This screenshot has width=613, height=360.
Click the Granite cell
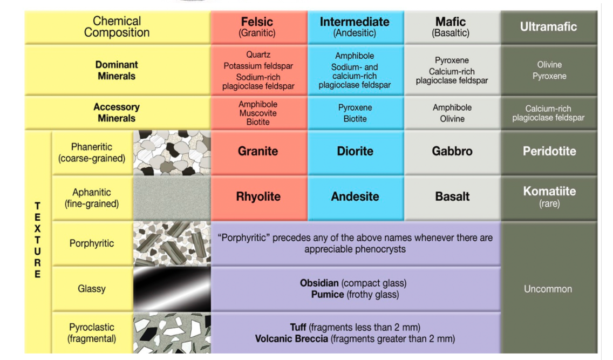point(258,152)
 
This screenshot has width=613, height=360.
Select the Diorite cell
point(355,152)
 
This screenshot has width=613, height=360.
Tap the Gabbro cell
point(452,152)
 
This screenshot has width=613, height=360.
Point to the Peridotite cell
point(549,152)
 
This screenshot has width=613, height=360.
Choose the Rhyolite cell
point(258,197)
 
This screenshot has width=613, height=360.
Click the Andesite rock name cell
point(355,197)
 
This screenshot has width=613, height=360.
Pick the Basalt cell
point(452,197)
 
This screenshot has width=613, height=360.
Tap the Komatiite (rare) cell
point(549,196)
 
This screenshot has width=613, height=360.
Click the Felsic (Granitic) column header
point(258,27)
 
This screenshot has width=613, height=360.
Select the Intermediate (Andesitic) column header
point(355,27)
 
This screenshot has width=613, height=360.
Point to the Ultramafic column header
point(549,27)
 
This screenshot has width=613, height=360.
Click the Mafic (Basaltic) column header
point(452,27)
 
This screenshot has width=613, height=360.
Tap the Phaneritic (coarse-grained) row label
point(92,153)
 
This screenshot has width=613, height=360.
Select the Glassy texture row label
point(92,289)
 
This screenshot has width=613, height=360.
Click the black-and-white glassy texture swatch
point(172,289)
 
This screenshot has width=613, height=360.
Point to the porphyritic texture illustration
point(172,243)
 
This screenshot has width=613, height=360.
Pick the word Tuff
point(299,327)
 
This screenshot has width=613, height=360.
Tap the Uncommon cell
point(549,289)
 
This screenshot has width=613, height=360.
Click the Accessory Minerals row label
point(117,112)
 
